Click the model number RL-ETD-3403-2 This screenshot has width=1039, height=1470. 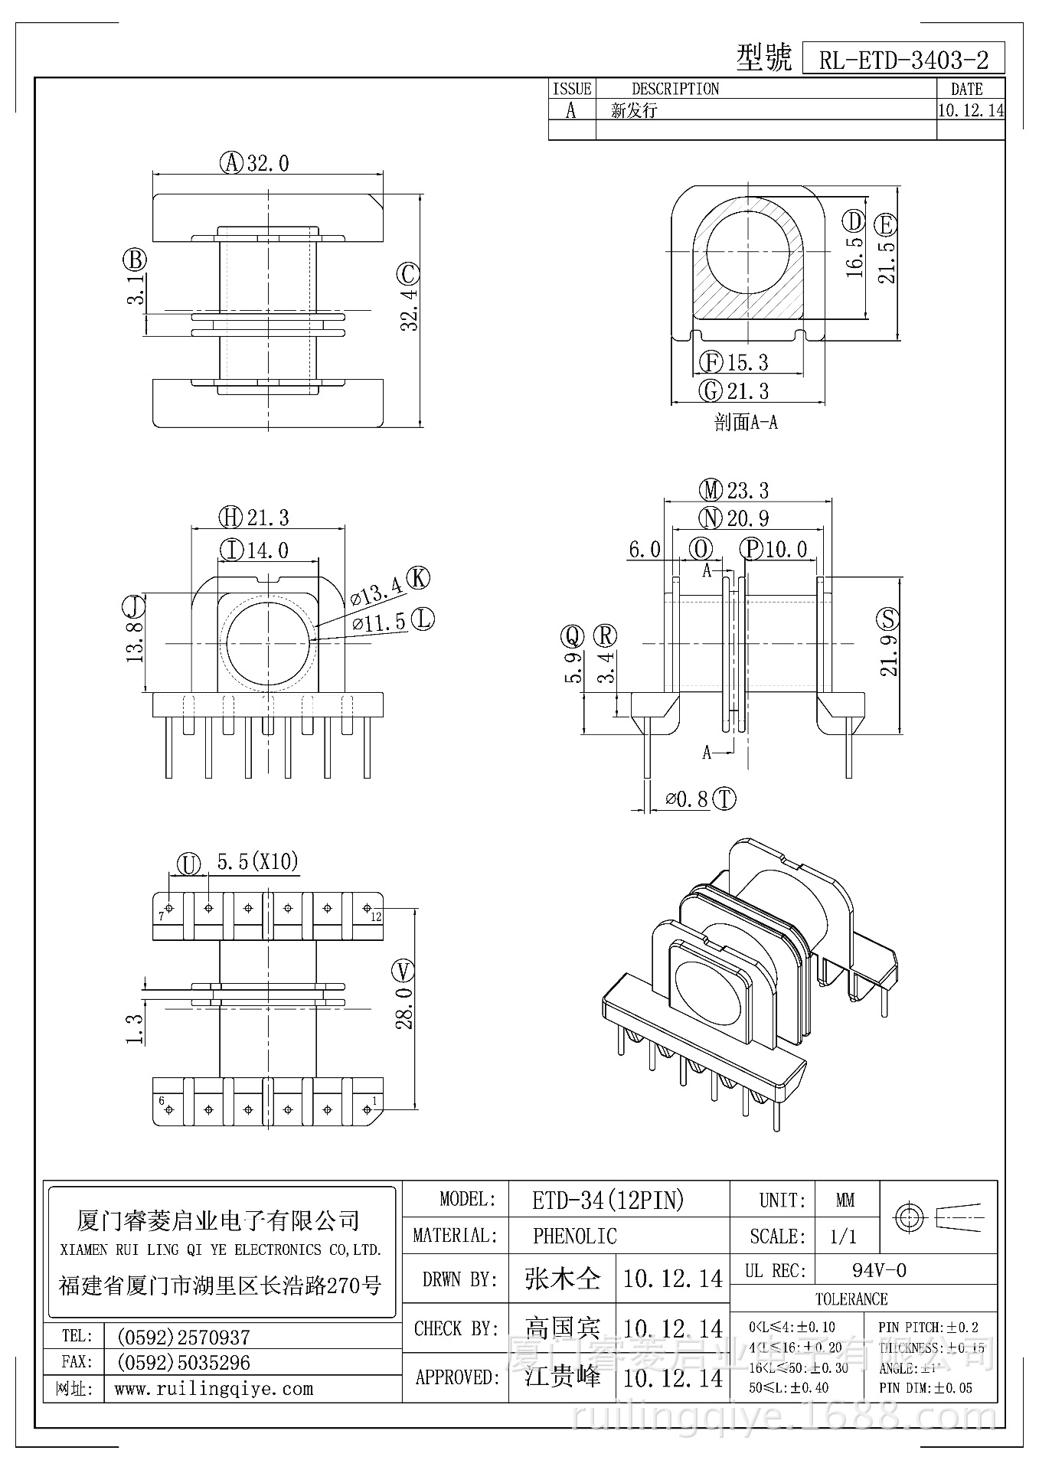pos(903,60)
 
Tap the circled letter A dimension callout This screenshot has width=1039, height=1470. pos(231,163)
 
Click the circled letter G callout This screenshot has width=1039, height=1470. pos(711,390)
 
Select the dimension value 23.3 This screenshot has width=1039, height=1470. pos(748,490)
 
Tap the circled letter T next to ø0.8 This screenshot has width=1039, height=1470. pos(724,799)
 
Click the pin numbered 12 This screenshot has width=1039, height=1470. pos(367,909)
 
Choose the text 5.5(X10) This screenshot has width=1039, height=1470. pos(257,862)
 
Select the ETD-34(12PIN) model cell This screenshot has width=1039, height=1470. pos(608,1200)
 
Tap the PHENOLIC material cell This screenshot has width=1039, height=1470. pos(574,1236)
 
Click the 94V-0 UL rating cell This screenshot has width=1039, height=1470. pos(879,1271)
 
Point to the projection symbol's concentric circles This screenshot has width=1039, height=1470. pos(910,1217)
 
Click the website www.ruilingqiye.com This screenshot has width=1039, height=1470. pos(214,1389)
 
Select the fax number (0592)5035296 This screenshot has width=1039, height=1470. pos(183,1363)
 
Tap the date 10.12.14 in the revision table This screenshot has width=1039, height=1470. pos(971,110)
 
